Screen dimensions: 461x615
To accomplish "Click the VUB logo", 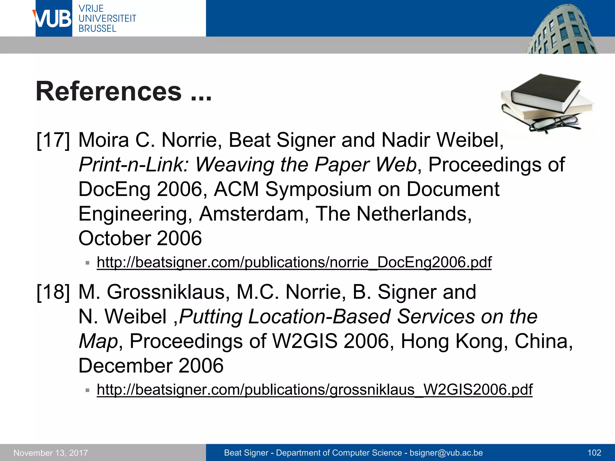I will coord(53,19).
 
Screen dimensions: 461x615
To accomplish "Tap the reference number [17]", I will coord(53,140).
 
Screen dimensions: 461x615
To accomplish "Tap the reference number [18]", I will coord(53,292).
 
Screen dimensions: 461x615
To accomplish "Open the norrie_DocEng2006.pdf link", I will coord(294,262).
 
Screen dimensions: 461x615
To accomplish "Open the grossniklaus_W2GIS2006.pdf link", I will coord(314,390).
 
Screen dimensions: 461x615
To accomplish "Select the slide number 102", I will coord(594,453).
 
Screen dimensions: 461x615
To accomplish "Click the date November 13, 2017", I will coord(51,453).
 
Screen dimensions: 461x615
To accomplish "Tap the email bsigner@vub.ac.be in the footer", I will coord(446,453).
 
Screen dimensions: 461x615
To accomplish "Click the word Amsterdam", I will coord(251,214).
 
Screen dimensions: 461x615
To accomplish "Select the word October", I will coord(114,238).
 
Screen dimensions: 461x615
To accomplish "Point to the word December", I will coord(125,366).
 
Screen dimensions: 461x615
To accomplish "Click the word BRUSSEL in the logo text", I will coord(97,29).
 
